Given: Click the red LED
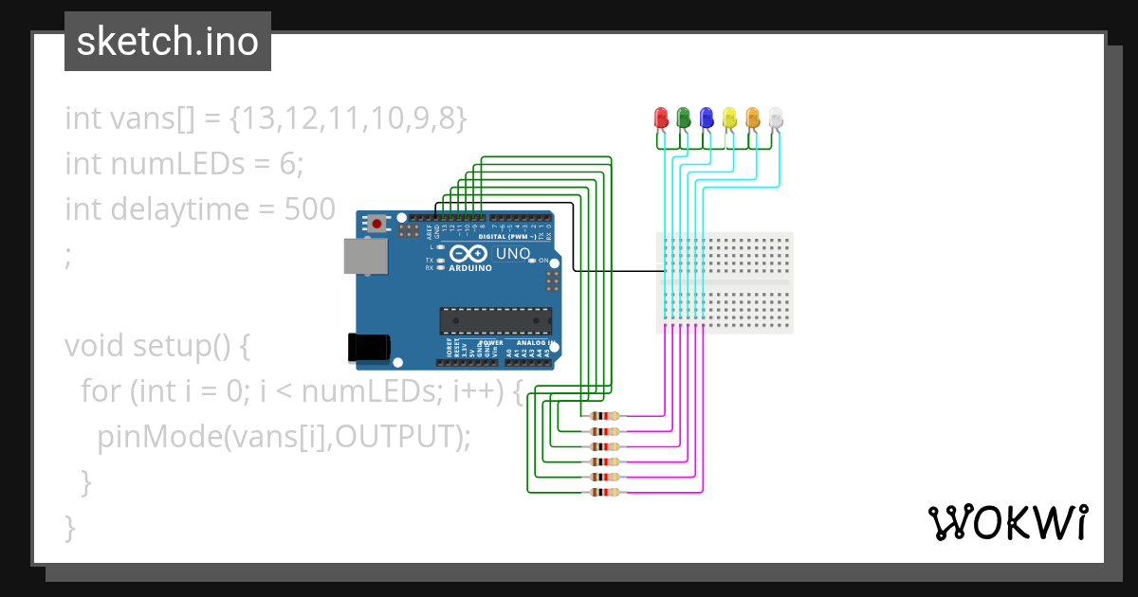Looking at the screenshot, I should click(662, 118).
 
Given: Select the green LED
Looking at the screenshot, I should click(684, 118).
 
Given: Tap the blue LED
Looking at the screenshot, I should click(707, 118).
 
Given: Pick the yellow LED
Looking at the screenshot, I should click(729, 118).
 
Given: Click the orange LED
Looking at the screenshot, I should click(753, 118).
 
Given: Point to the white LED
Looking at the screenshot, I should click(776, 118).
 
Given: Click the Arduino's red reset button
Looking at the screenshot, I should click(377, 225).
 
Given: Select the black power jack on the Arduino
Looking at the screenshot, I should click(367, 348).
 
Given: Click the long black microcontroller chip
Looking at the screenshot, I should click(494, 321).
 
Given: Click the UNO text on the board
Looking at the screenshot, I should click(513, 254).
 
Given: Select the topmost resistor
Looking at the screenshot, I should click(604, 416).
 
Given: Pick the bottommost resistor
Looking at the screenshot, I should click(604, 492).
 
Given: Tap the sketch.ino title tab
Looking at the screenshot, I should click(168, 42).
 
